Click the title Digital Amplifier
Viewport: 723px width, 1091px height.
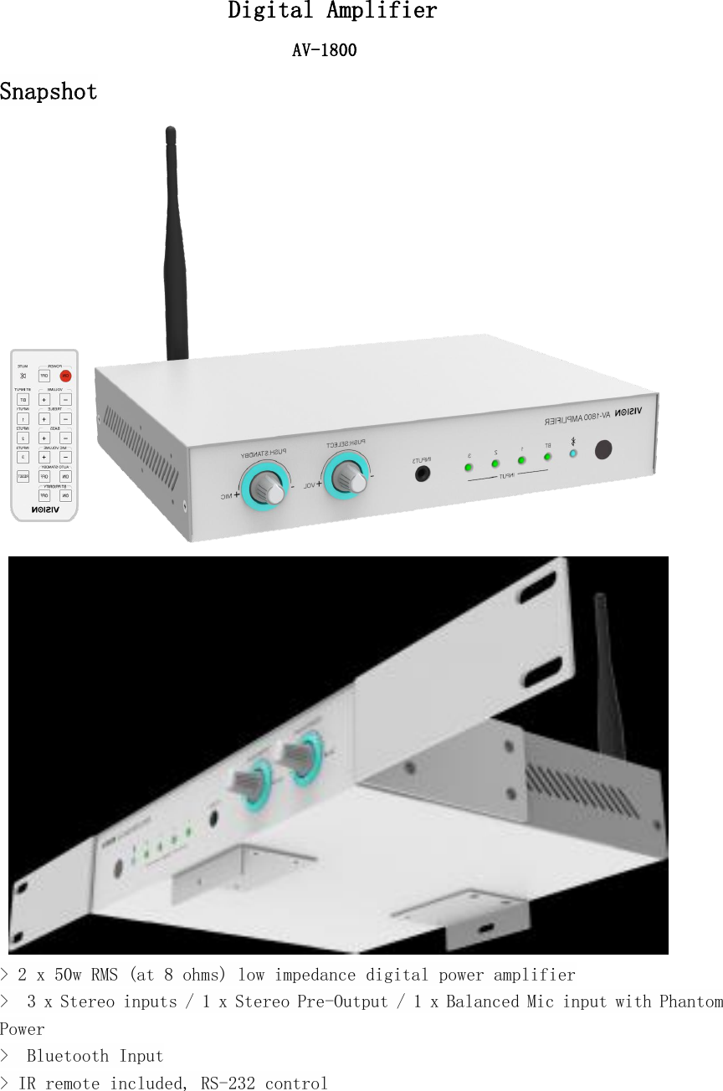point(332,12)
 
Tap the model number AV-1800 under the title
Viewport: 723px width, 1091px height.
point(324,51)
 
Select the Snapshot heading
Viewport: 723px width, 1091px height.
point(49,92)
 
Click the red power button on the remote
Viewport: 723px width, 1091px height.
point(65,376)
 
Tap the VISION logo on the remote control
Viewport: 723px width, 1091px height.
point(44,508)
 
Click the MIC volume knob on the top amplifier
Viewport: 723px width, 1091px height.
point(266,486)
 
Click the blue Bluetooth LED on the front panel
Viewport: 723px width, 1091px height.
point(573,453)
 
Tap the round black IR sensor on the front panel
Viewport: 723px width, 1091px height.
point(603,450)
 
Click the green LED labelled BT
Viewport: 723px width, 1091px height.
point(547,457)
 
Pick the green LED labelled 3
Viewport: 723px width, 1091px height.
point(469,466)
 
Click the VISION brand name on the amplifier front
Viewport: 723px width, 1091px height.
point(628,412)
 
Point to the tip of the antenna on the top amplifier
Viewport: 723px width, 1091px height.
point(171,131)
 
